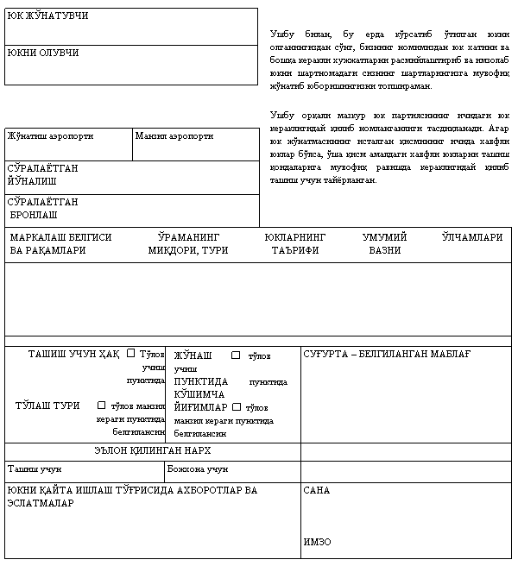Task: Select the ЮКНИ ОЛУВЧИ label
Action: [42, 53]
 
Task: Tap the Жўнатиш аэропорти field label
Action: [50, 136]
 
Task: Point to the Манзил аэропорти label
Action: [174, 136]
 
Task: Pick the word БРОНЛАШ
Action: [34, 214]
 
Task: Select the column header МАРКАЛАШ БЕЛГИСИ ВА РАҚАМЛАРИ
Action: [60, 243]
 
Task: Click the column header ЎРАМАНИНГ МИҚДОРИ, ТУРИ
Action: [188, 243]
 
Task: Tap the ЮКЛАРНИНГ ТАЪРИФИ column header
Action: [295, 243]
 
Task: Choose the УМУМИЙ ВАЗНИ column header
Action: [384, 243]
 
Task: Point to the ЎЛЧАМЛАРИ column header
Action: [471, 237]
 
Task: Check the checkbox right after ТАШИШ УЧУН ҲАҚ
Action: [131, 353]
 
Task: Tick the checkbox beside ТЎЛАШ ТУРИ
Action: [102, 405]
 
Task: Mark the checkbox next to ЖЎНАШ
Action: [236, 355]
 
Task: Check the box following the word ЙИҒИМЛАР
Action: [237, 407]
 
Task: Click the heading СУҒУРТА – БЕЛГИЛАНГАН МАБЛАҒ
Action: [386, 354]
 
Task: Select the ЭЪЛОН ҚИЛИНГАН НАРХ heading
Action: [153, 451]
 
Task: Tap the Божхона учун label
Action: [197, 470]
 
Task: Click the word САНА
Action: [317, 490]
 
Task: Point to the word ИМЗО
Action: [317, 542]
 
